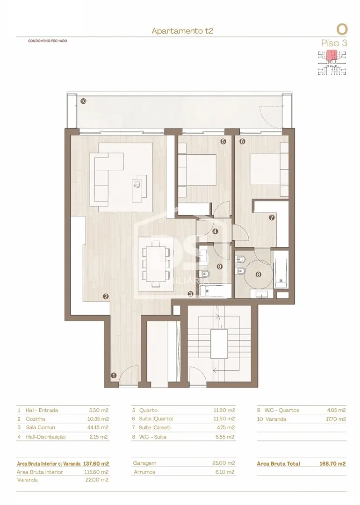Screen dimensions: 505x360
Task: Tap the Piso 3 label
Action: (x=334, y=43)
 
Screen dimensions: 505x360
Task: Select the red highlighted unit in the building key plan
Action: (x=332, y=56)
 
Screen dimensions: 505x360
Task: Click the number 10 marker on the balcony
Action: (x=83, y=101)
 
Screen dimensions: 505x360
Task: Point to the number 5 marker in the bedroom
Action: (x=223, y=141)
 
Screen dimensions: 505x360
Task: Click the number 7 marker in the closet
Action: (x=271, y=217)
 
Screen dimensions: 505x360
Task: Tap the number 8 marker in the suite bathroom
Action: (x=258, y=275)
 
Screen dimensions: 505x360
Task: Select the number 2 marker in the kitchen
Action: (x=106, y=296)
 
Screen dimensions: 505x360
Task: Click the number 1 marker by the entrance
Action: (x=113, y=375)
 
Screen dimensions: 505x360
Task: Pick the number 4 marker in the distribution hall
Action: (x=215, y=231)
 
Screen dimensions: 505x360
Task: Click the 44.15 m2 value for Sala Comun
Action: (x=98, y=427)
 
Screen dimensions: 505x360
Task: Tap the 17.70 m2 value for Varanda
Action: (x=336, y=419)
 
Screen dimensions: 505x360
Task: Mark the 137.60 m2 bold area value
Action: (x=95, y=463)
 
